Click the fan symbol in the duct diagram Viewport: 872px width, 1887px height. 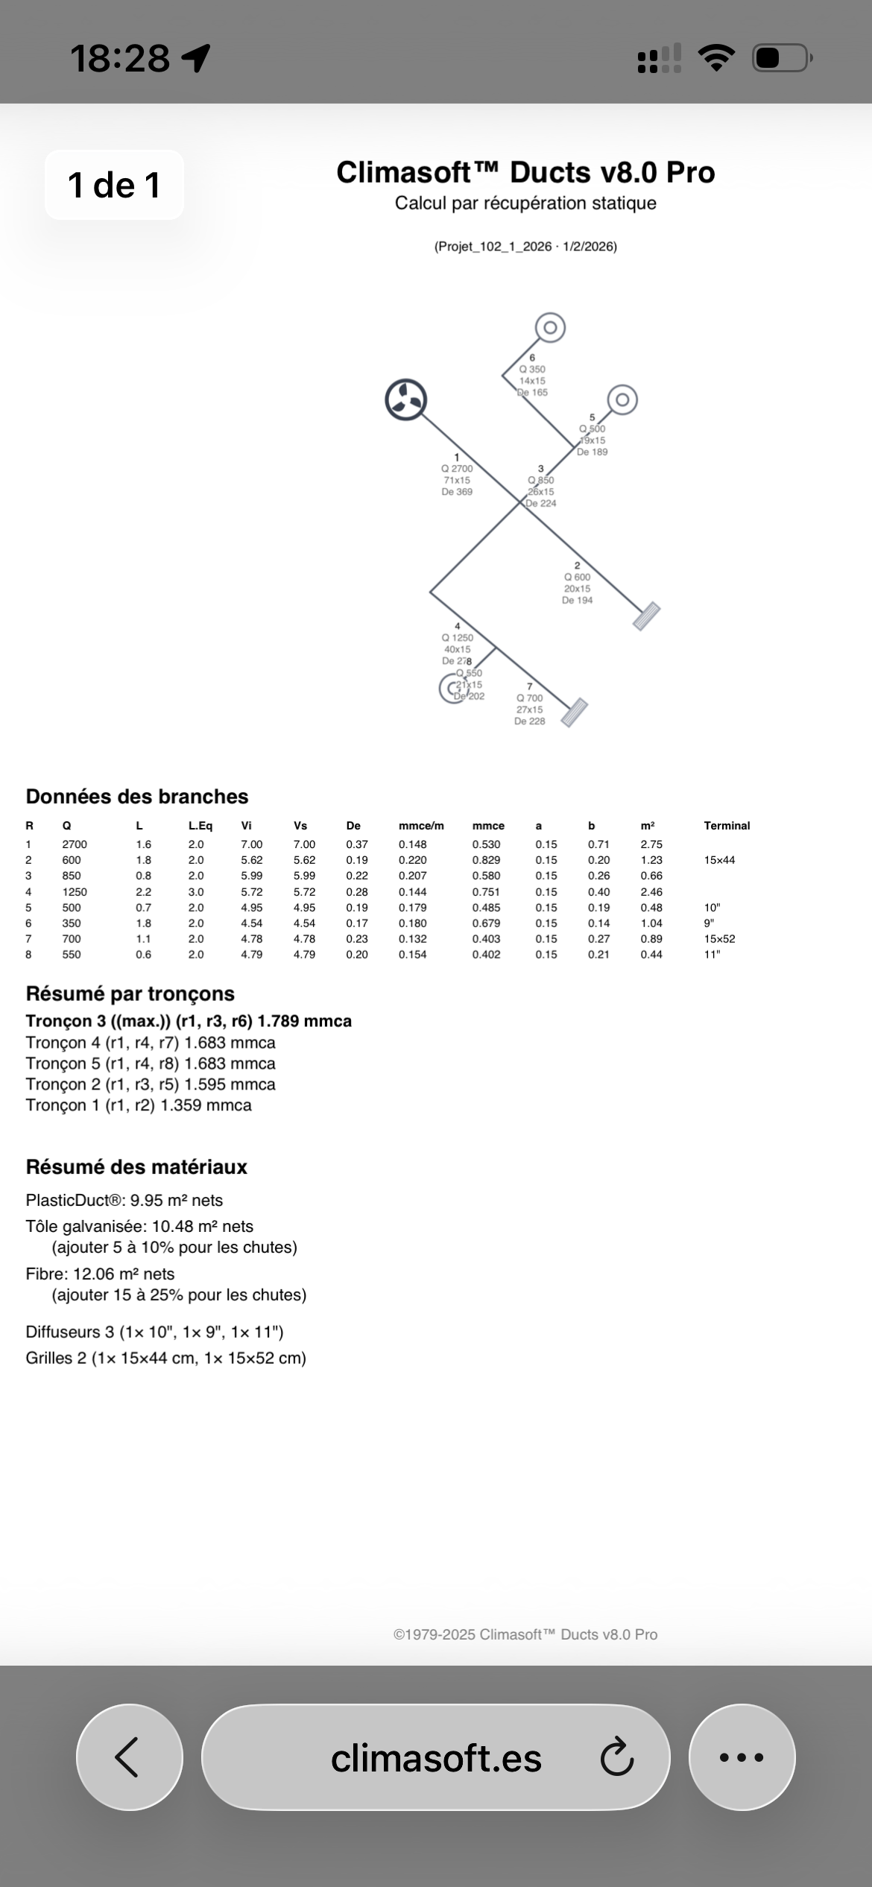point(405,400)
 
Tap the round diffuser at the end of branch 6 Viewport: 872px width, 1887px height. point(550,327)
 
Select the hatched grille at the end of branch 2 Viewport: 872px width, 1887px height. point(646,616)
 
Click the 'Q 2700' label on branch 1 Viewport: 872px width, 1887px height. point(456,469)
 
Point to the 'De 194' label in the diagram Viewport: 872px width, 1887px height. point(577,600)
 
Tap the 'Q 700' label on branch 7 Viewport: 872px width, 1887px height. point(529,698)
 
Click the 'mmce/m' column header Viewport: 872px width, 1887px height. point(421,826)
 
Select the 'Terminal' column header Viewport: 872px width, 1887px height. point(726,826)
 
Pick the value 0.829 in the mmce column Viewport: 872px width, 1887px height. point(486,860)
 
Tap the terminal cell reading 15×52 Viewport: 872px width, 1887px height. point(719,939)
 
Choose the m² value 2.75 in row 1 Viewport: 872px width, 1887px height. point(651,844)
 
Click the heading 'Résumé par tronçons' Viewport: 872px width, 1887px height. point(130,993)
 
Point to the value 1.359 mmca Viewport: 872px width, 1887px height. point(206,1105)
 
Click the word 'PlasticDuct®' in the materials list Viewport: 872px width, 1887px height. point(75,1201)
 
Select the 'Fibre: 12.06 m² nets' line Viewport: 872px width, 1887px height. point(100,1274)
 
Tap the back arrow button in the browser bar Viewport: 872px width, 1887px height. point(129,1757)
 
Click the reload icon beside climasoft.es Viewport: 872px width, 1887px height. point(616,1758)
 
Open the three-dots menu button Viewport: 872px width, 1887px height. point(742,1757)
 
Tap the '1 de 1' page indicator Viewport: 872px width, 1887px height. point(114,185)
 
